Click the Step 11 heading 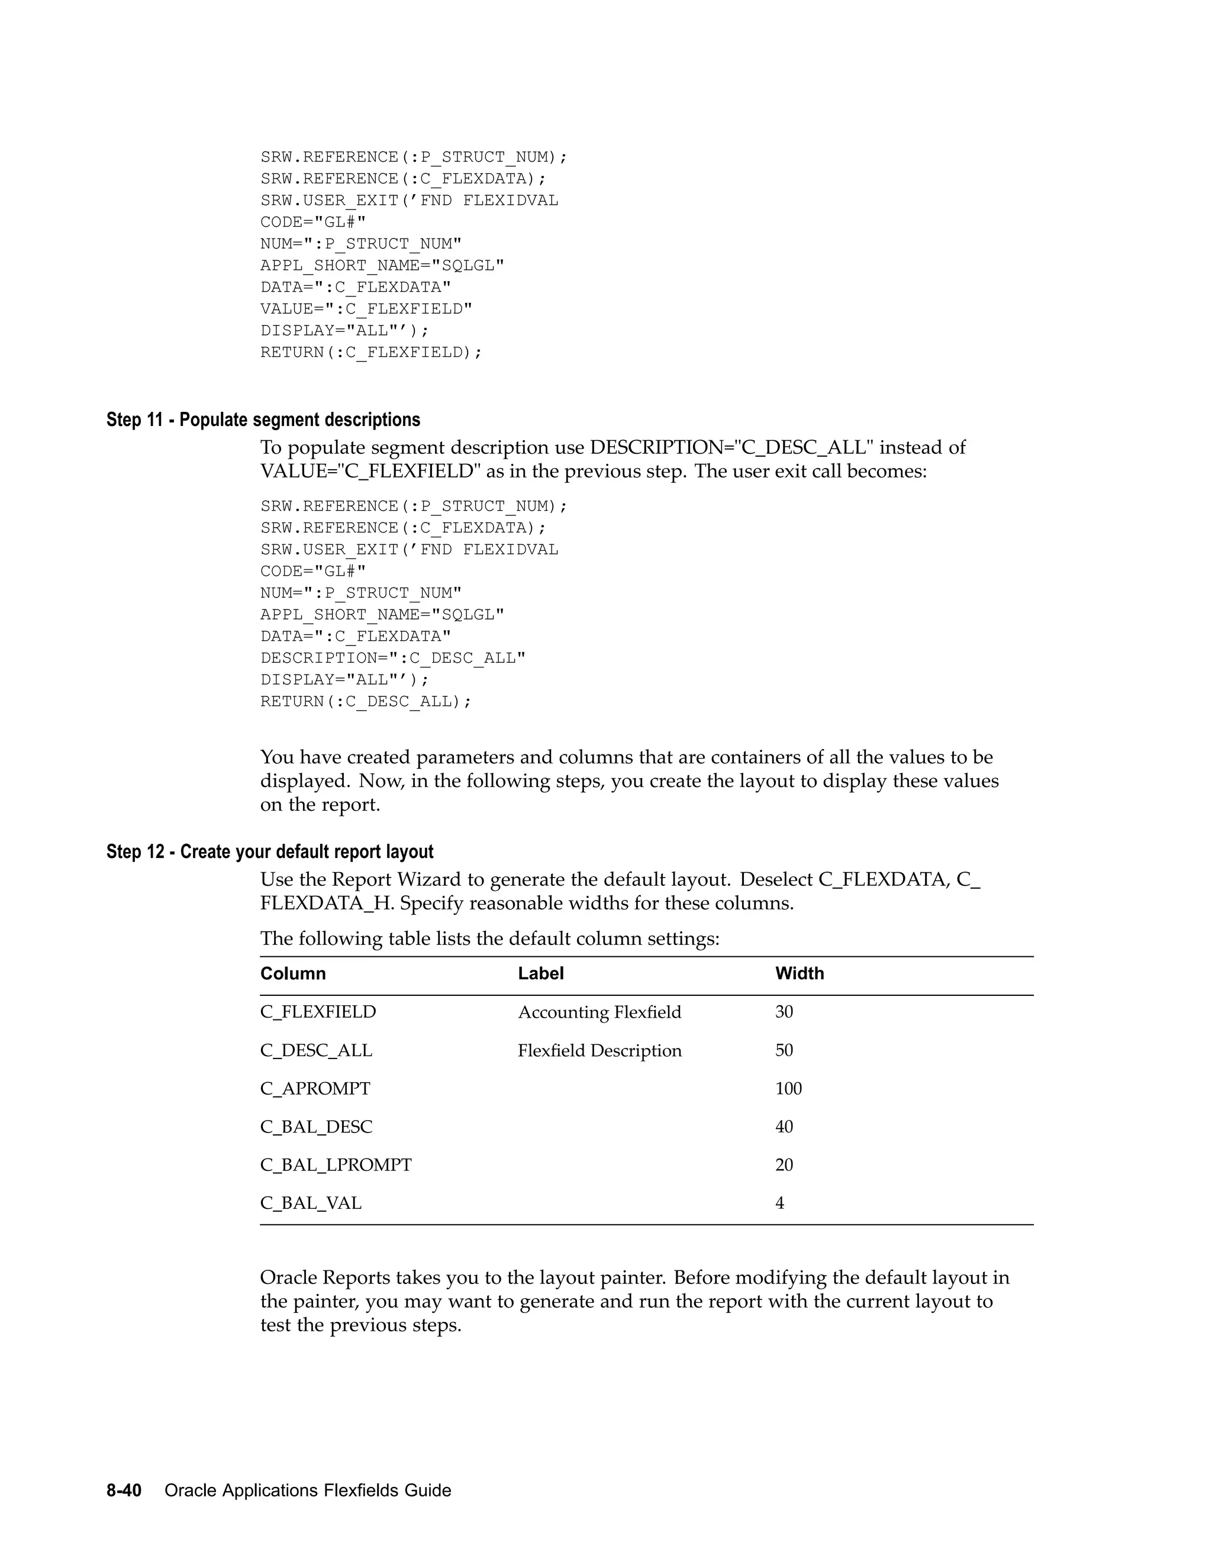point(263,420)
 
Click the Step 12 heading point(270,851)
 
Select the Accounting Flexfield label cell point(599,1012)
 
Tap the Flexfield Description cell point(599,1050)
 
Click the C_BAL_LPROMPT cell point(336,1164)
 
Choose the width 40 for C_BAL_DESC point(784,1127)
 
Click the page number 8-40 point(124,1490)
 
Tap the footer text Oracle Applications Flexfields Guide point(307,1490)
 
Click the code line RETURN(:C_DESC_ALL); point(366,701)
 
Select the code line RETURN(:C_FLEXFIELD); point(371,353)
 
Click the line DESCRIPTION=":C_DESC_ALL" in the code point(393,659)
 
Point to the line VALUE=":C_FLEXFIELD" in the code point(366,309)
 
